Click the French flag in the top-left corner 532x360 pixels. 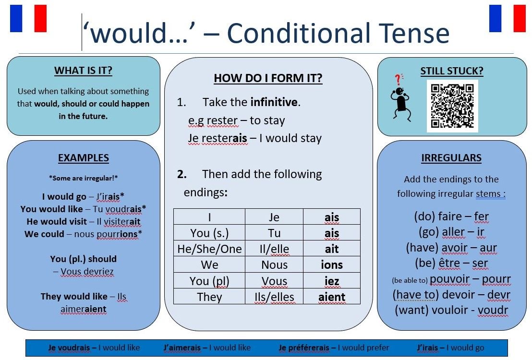28,18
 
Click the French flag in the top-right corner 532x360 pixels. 507,18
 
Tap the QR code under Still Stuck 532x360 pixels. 452,106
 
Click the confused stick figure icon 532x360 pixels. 399,96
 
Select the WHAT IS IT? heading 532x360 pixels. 83,71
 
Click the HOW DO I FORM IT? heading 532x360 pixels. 268,78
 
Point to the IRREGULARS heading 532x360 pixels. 451,158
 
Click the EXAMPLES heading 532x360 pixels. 83,158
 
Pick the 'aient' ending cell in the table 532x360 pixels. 332,297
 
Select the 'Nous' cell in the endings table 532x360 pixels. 274,264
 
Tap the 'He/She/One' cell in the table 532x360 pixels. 209,249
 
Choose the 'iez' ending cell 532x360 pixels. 332,281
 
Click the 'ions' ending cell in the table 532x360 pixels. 332,264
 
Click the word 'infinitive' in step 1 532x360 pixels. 274,102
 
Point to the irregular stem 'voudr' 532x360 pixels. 493,310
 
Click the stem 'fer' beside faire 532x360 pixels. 481,216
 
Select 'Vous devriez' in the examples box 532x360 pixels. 87,272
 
